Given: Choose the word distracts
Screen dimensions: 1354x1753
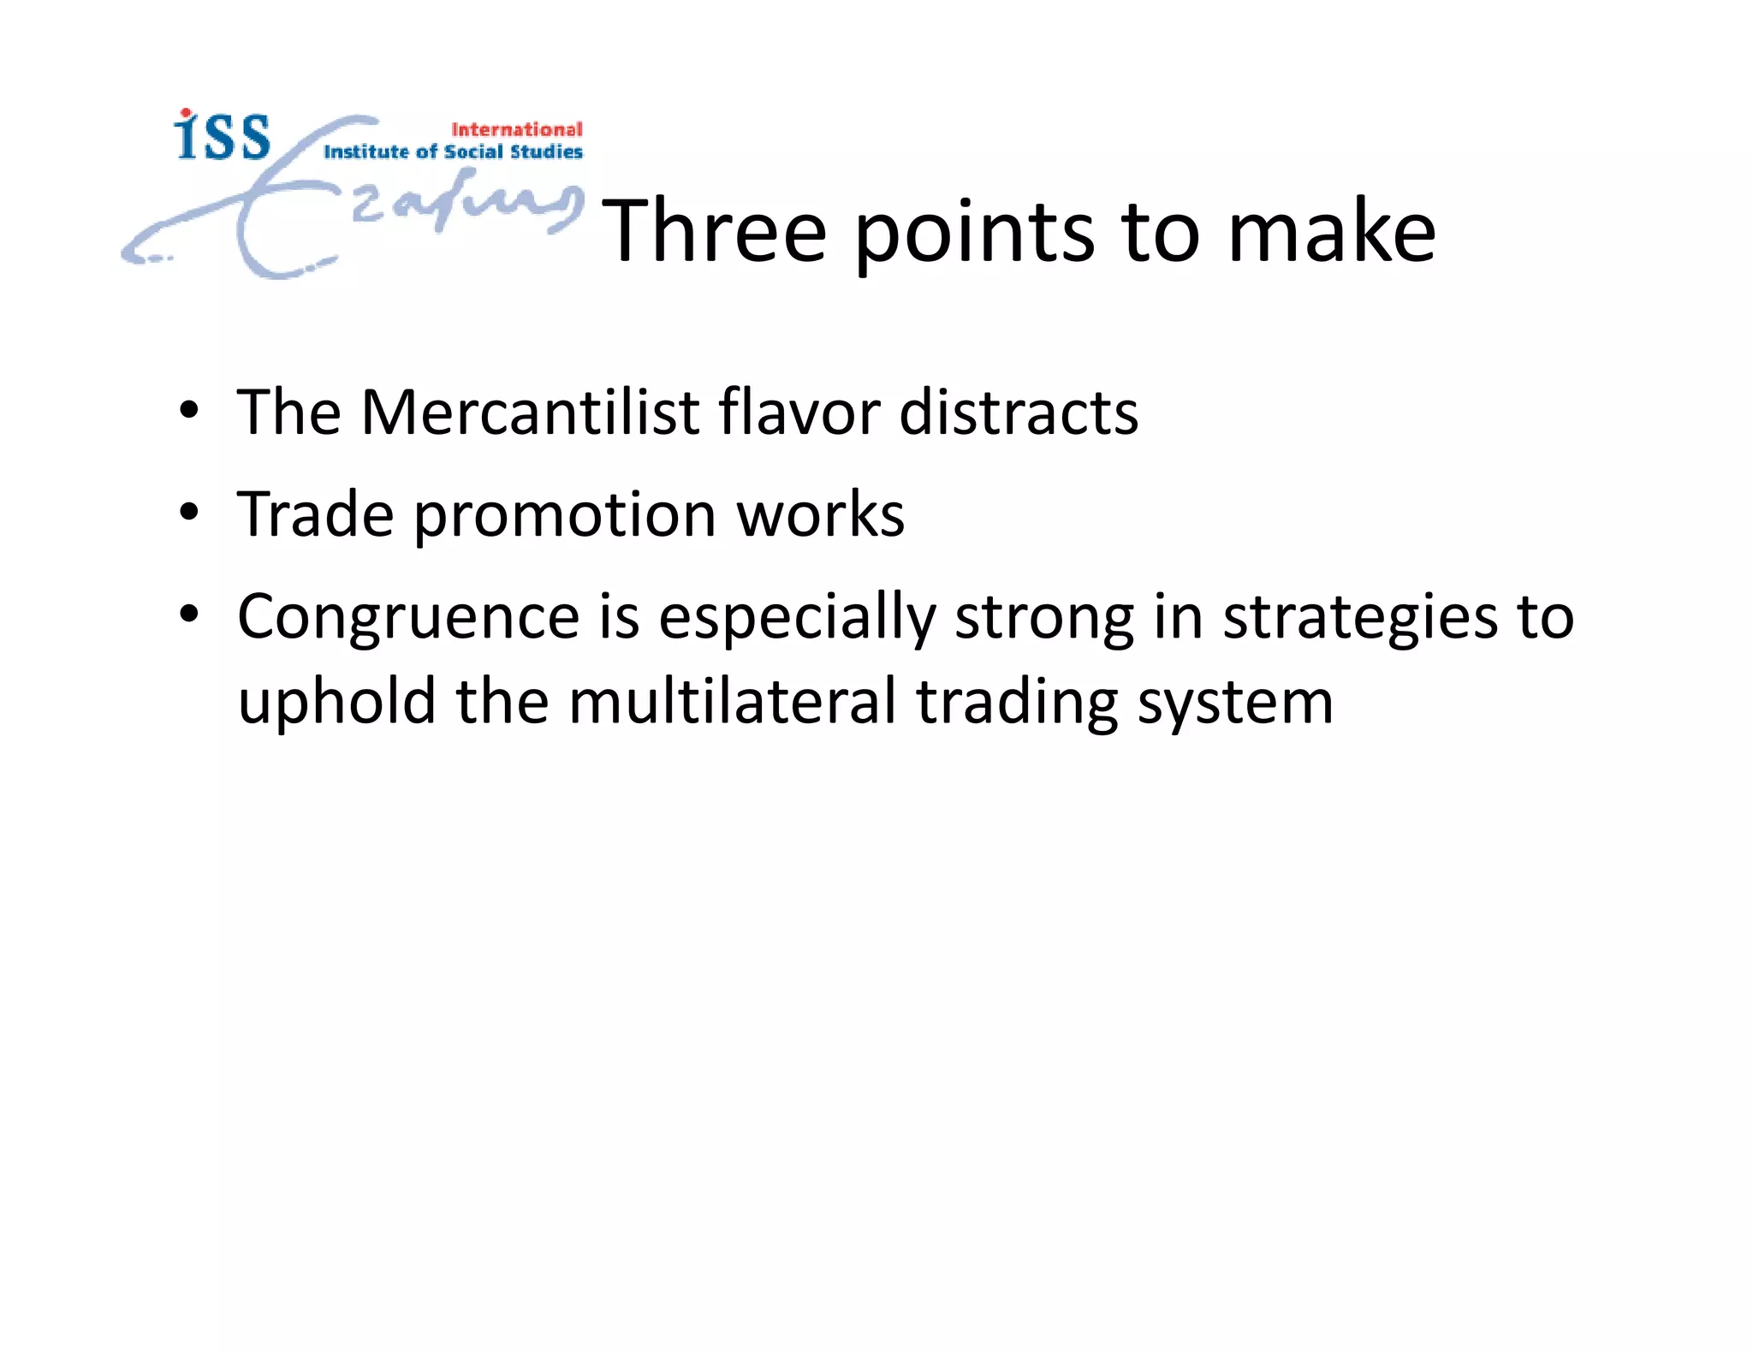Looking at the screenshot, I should coord(1019,413).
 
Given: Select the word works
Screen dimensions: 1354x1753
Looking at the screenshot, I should coord(820,514).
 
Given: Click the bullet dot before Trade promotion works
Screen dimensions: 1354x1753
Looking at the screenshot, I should coord(189,514).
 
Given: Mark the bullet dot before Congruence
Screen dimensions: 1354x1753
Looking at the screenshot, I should coord(189,614).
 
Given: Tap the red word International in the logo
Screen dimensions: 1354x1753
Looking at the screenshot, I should coord(516,129).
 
